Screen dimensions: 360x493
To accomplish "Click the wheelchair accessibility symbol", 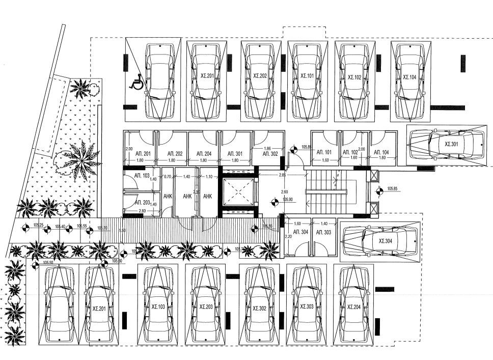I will (x=136, y=81).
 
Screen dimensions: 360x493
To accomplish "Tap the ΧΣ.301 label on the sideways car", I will (x=451, y=144).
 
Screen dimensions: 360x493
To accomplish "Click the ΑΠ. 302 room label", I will (x=270, y=153).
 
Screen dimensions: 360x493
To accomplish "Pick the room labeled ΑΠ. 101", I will (x=324, y=152).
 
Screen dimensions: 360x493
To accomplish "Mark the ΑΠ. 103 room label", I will (x=142, y=176).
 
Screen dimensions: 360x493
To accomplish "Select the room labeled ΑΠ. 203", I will (x=142, y=202).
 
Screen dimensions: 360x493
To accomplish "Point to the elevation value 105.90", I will (x=288, y=200).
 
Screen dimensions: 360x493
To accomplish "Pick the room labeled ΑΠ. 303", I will (x=324, y=232).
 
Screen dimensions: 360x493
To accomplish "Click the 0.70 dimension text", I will (x=168, y=177).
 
